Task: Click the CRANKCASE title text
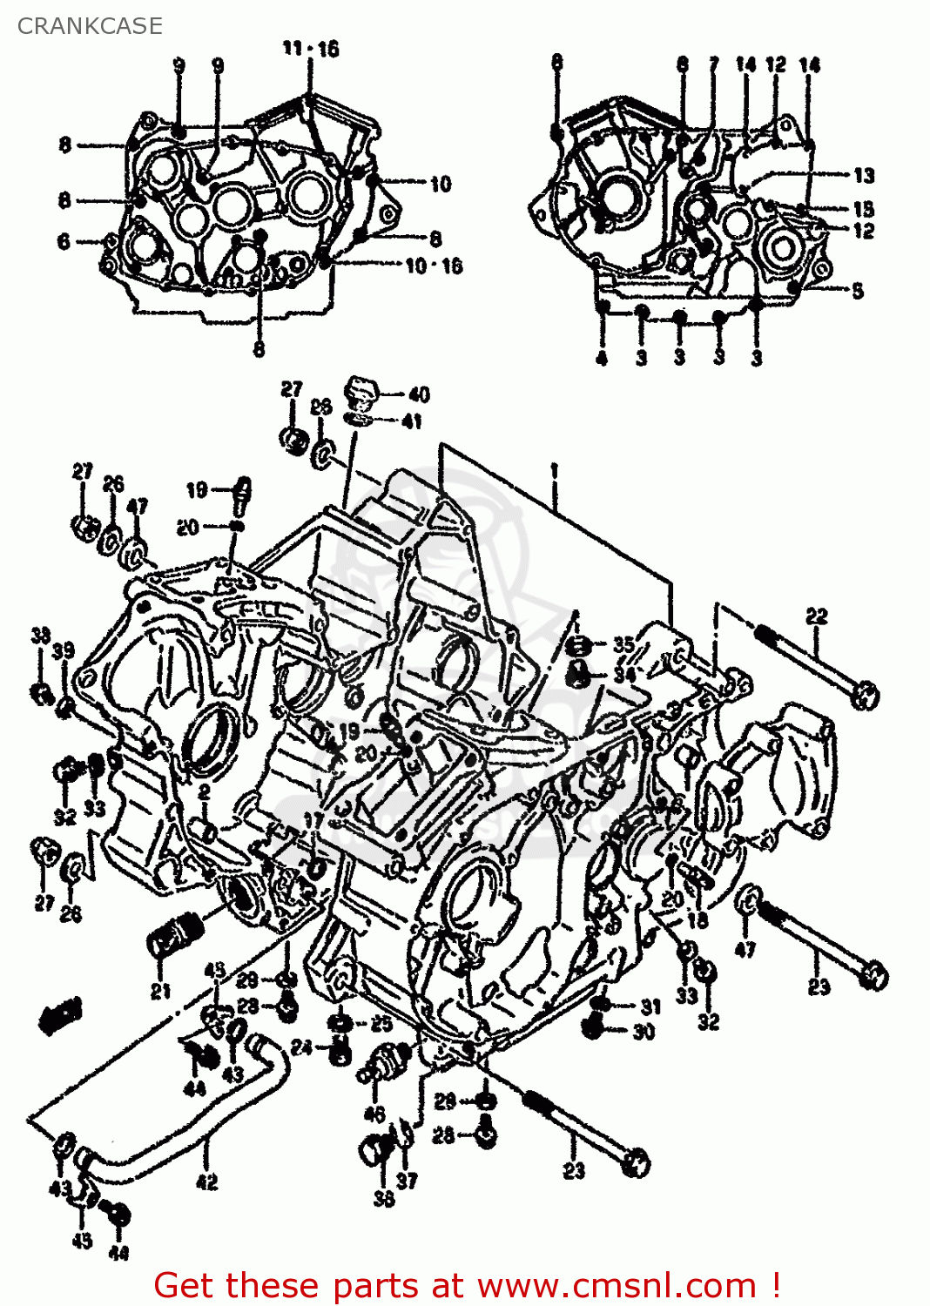click(x=90, y=26)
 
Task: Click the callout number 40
click(x=419, y=394)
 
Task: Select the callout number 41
click(x=412, y=421)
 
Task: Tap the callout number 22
click(x=816, y=616)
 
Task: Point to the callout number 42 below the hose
click(x=206, y=1181)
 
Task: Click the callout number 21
click(x=160, y=990)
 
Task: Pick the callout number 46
click(x=374, y=1114)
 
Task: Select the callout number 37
click(x=407, y=1181)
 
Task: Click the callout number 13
click(x=863, y=176)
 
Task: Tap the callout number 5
click(x=858, y=291)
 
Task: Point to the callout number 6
click(x=64, y=241)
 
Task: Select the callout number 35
click(x=623, y=645)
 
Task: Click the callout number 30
click(x=644, y=1032)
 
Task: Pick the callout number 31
click(x=650, y=1006)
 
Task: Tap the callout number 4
click(x=602, y=357)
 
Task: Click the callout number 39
click(x=63, y=651)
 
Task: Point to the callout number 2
click(x=204, y=791)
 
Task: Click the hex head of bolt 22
click(x=866, y=696)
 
